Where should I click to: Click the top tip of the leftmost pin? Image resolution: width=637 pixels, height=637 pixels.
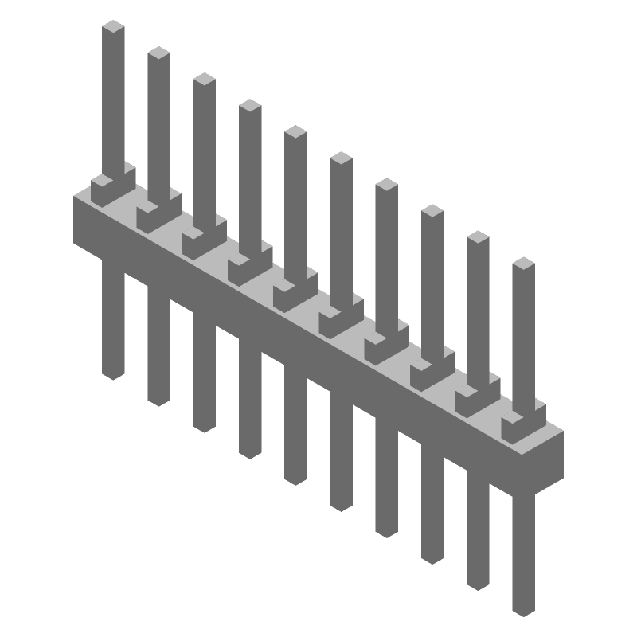[114, 27]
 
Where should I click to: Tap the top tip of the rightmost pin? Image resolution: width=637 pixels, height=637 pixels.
[523, 264]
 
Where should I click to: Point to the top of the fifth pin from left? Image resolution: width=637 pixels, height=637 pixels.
[295, 132]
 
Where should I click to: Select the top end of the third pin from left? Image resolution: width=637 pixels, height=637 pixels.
[205, 80]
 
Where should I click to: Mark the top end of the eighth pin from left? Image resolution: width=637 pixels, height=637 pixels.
[432, 211]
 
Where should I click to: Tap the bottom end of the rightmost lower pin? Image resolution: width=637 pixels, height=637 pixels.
[523, 609]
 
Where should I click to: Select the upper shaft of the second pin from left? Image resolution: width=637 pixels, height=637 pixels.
[158, 127]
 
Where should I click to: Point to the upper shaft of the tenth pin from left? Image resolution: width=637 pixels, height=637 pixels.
[523, 334]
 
